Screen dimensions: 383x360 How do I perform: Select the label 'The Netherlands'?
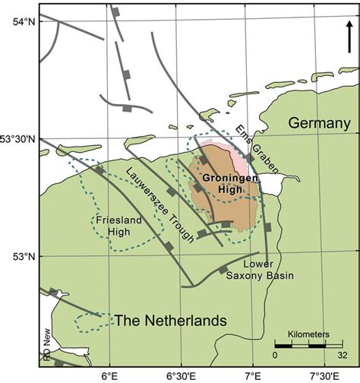[x=170, y=321]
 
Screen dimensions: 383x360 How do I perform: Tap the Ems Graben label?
[x=255, y=148]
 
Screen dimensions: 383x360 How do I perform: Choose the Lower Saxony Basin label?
[x=258, y=270]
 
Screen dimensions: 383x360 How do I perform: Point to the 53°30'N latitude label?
[x=19, y=138]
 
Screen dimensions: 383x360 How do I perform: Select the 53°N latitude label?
[x=19, y=256]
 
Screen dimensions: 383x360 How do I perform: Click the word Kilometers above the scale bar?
[x=309, y=334]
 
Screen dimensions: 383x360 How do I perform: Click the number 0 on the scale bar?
[x=276, y=354]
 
